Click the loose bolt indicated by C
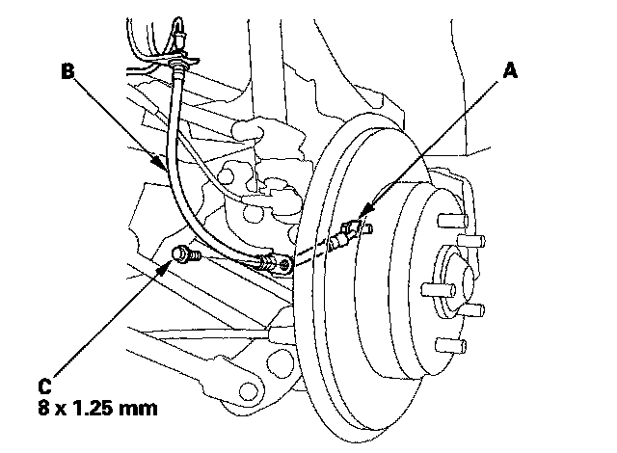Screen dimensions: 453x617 coord(183,255)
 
